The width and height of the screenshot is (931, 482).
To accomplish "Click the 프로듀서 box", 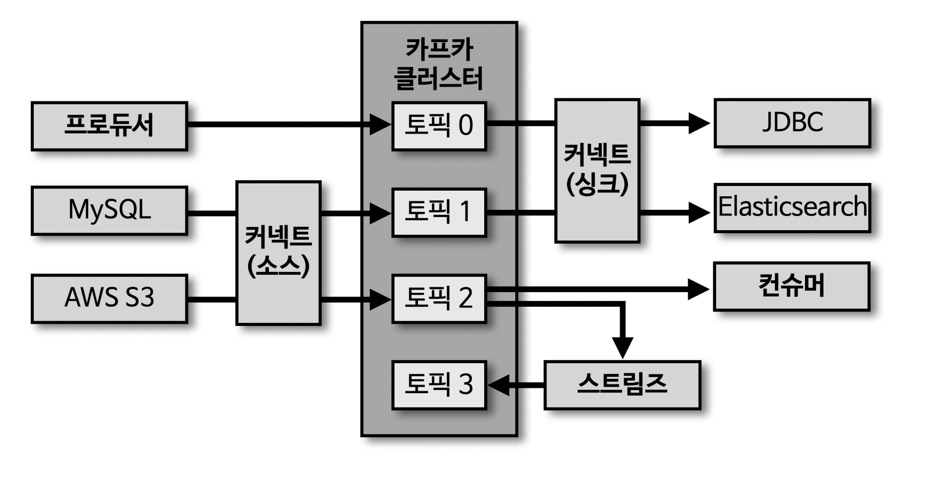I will pos(109,126).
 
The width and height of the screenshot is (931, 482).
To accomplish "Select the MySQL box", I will pos(109,211).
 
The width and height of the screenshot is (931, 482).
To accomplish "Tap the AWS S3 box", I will pos(109,299).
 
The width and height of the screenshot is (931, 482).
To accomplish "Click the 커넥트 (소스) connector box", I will pos(278,253).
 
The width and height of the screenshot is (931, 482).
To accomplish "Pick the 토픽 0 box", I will pos(439,126).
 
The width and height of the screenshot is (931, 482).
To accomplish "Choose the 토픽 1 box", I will pos(439,212).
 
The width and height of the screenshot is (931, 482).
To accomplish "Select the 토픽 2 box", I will pos(439,299).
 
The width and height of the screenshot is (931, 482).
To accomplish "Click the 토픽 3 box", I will pos(439,385).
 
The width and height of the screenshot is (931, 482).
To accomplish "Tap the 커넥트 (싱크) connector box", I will pos(597,170).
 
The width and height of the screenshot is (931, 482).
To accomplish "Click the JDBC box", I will pos(792,123).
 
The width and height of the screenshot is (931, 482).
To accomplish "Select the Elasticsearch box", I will pos(792,208).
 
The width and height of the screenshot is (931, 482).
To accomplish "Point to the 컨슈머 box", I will pos(791,286).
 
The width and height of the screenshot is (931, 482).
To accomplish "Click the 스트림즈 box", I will pos(622,385).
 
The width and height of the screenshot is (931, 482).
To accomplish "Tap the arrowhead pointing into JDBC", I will pos(698,124).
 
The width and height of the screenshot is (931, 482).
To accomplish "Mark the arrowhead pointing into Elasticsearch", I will pos(698,212).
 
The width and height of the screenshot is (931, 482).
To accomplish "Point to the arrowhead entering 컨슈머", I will pos(698,289).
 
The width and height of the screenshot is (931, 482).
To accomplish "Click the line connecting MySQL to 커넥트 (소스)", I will pos(212,213).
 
